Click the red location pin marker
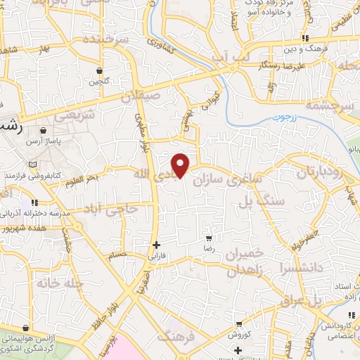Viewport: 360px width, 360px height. [181, 165]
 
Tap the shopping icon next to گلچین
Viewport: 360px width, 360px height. [100, 71]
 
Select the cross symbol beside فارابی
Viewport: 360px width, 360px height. [156, 245]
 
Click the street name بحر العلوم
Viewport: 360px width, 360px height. [84, 179]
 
